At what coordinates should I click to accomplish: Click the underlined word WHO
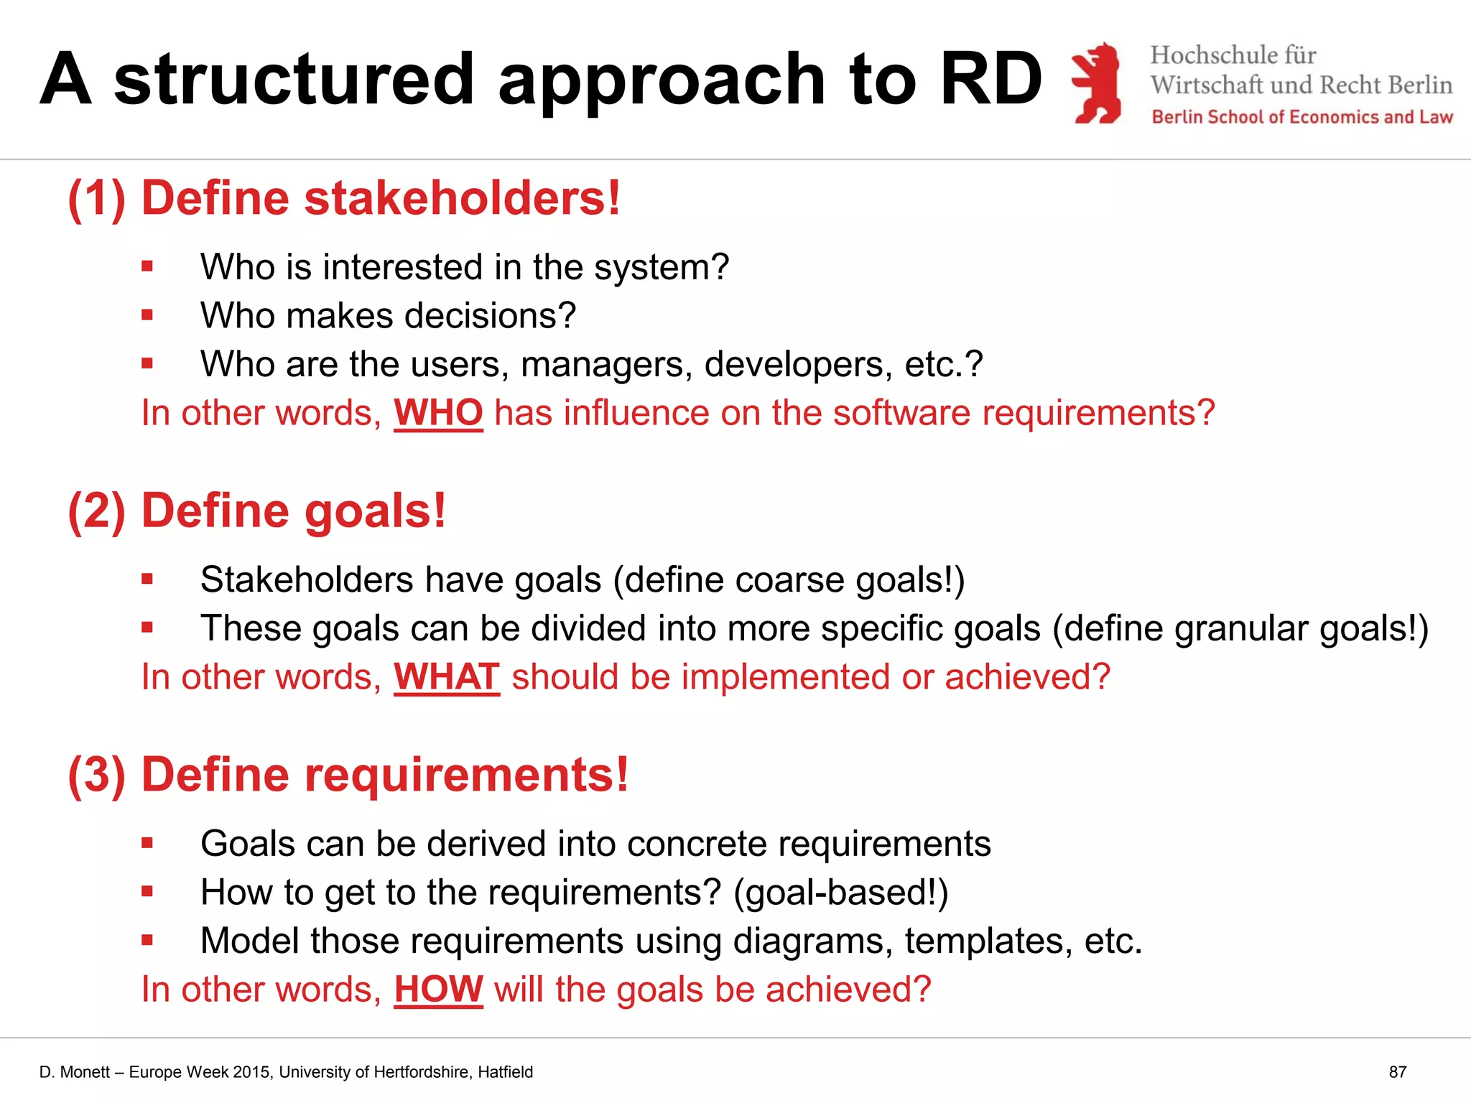438,413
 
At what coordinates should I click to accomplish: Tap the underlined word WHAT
446,676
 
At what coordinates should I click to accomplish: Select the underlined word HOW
438,989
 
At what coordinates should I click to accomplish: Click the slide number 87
1397,1072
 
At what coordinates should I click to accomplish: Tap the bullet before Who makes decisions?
147,315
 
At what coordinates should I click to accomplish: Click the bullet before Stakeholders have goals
147,579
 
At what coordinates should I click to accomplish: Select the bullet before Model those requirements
147,939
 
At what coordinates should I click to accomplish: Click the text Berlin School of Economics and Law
1301,117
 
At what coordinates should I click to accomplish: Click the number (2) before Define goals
96,511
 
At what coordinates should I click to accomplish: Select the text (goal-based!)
840,893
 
